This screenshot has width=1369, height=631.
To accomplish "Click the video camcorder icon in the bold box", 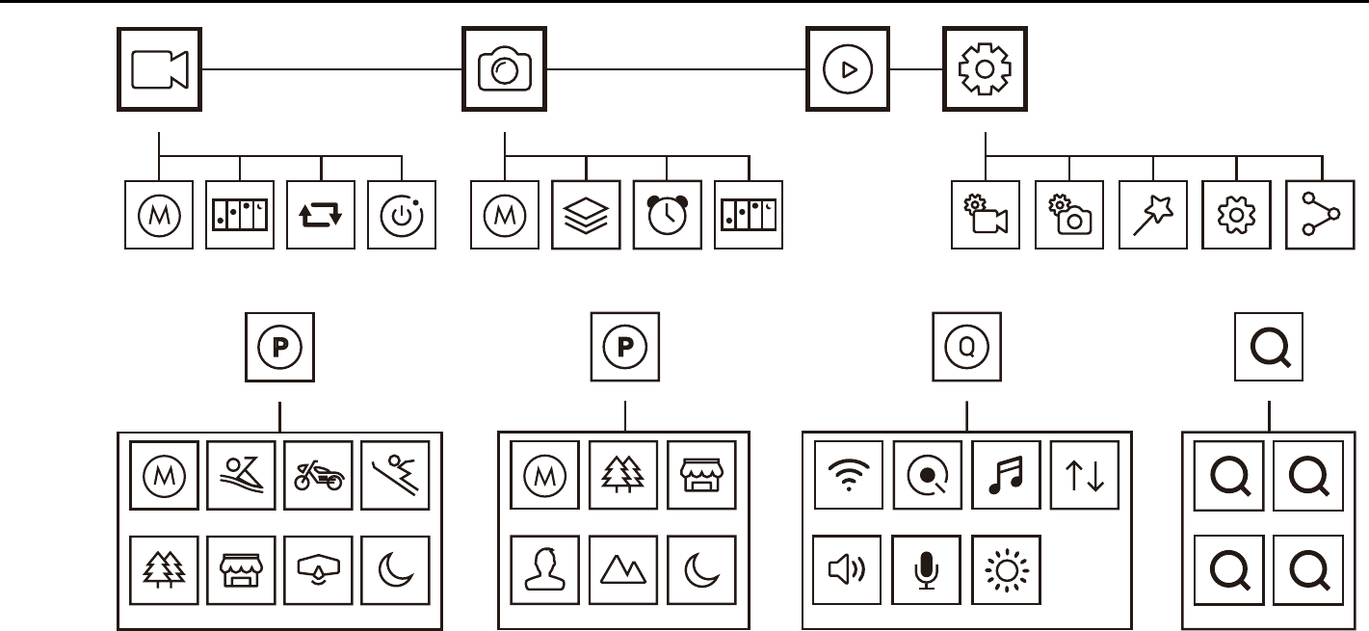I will (160, 69).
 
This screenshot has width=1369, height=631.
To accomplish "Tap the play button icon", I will (848, 69).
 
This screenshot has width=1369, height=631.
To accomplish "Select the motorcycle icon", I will (317, 475).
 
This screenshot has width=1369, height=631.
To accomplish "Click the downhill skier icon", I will (395, 475).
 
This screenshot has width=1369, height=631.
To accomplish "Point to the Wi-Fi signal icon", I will (848, 475).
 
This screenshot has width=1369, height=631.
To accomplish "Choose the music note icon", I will (1006, 475).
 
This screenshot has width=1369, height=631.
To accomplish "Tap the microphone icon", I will (927, 569).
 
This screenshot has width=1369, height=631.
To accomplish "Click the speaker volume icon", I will (848, 569).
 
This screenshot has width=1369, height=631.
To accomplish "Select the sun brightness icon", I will (1006, 569).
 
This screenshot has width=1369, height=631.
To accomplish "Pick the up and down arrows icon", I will (1084, 475).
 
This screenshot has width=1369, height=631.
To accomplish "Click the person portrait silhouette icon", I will (545, 569).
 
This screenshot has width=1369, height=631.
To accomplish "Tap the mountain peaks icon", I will (623, 569).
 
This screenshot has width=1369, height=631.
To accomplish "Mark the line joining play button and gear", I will (916, 69).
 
